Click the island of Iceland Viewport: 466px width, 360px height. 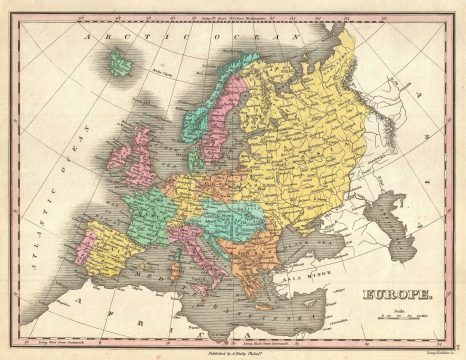(x=121, y=66)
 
